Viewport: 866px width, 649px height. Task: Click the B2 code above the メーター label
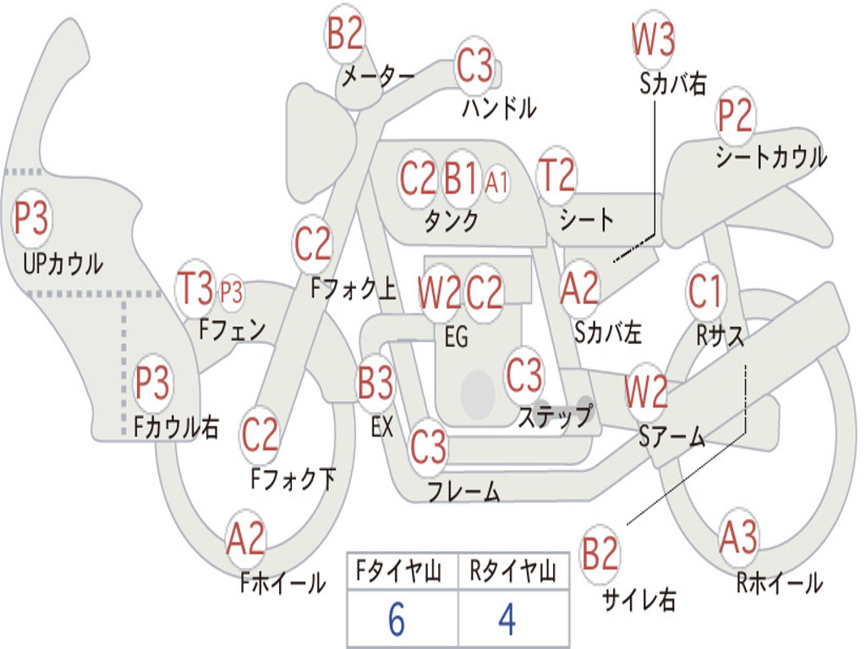pyautogui.click(x=345, y=34)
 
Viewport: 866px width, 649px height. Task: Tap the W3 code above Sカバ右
pyautogui.click(x=654, y=39)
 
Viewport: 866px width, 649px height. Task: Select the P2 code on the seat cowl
pyautogui.click(x=735, y=115)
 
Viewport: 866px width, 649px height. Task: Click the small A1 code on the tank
pyautogui.click(x=496, y=182)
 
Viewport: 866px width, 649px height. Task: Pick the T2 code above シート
pyautogui.click(x=556, y=174)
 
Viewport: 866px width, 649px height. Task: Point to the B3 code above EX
pyautogui.click(x=375, y=383)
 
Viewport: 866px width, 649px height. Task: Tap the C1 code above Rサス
pyautogui.click(x=704, y=291)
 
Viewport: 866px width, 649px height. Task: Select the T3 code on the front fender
pyautogui.click(x=195, y=287)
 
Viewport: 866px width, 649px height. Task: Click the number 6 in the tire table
pyautogui.click(x=396, y=619)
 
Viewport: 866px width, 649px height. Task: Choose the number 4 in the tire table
pyautogui.click(x=507, y=619)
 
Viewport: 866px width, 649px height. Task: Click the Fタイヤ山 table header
pyautogui.click(x=398, y=571)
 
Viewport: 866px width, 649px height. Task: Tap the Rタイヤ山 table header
pyautogui.click(x=512, y=571)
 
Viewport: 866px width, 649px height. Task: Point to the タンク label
pyautogui.click(x=451, y=221)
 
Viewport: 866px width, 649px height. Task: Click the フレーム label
pyautogui.click(x=464, y=491)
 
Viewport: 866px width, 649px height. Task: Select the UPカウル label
pyautogui.click(x=63, y=264)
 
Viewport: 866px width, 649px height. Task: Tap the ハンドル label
pyautogui.click(x=499, y=107)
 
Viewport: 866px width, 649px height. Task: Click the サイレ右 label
pyautogui.click(x=639, y=599)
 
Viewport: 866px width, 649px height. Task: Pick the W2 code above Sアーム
pyautogui.click(x=645, y=391)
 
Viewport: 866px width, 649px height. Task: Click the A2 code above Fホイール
pyautogui.click(x=246, y=538)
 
